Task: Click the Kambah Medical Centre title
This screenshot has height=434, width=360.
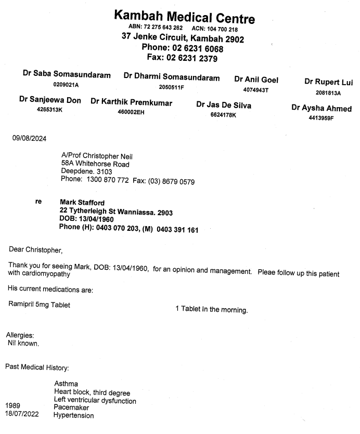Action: tap(185, 18)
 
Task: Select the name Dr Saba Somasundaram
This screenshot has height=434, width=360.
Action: tap(67, 75)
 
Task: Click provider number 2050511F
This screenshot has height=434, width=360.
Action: tap(172, 87)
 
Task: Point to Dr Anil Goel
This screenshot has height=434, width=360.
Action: tap(256, 80)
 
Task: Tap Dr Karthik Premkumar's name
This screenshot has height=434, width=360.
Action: tap(131, 102)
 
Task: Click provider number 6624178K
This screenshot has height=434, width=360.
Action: tap(223, 115)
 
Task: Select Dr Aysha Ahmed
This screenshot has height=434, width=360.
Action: tap(322, 109)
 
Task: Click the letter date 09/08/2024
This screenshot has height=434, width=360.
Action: tap(30, 138)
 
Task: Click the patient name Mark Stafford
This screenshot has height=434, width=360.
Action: tap(82, 202)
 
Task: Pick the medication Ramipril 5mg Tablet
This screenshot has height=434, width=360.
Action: tap(39, 305)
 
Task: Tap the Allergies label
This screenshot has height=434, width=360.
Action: tap(20, 336)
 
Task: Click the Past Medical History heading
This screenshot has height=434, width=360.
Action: tap(37, 367)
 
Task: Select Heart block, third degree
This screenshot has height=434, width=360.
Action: tap(92, 392)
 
